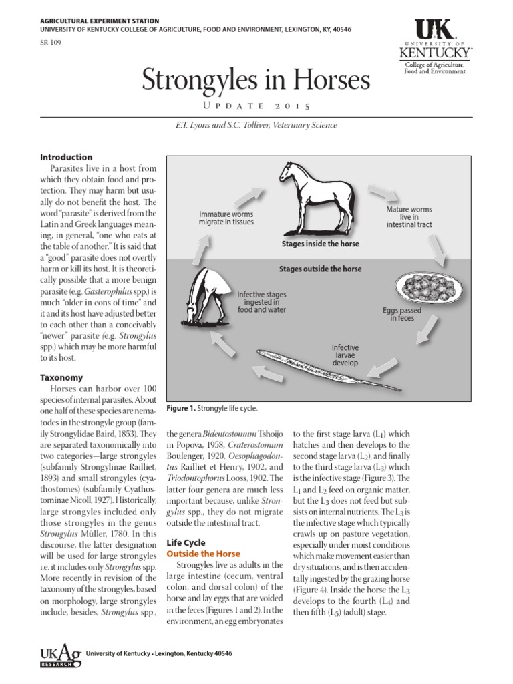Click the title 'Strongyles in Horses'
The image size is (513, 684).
click(x=256, y=81)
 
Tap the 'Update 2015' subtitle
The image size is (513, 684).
click(x=256, y=106)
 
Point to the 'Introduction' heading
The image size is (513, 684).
click(x=66, y=157)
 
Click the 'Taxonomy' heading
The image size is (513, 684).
click(x=61, y=377)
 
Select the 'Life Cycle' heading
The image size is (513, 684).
click(x=186, y=542)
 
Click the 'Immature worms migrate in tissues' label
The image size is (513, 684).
click(x=226, y=218)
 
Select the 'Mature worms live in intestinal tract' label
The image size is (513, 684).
click(x=409, y=217)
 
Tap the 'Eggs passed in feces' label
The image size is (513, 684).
click(x=402, y=314)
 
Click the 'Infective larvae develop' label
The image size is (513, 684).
click(x=345, y=355)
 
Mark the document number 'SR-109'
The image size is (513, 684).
click(x=51, y=41)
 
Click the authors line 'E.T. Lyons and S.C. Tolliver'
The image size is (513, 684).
click(x=256, y=125)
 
